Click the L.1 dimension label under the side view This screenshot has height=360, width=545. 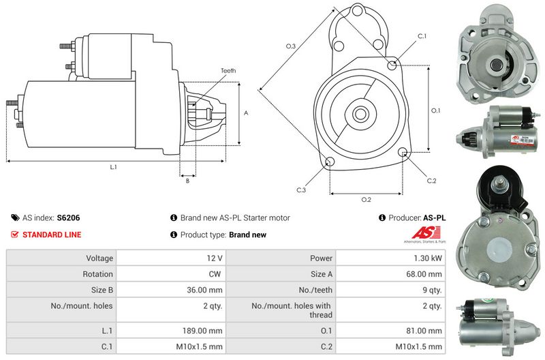coord(113,167)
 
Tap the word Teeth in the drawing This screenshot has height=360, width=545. coord(228,71)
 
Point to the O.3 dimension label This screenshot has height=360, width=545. coord(290,46)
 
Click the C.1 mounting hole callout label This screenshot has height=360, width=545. coord(422,36)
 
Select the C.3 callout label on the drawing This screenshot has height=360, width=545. coord(300,190)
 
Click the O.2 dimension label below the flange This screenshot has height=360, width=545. coord(366,200)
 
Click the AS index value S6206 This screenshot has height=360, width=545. coord(68,218)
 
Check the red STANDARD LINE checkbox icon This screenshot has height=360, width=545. coord(15,235)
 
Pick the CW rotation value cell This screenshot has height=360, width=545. coord(217,274)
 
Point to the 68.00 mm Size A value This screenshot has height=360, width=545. coord(425,274)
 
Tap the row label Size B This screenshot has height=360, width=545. coord(99,290)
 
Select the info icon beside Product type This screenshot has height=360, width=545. coord(174,235)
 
